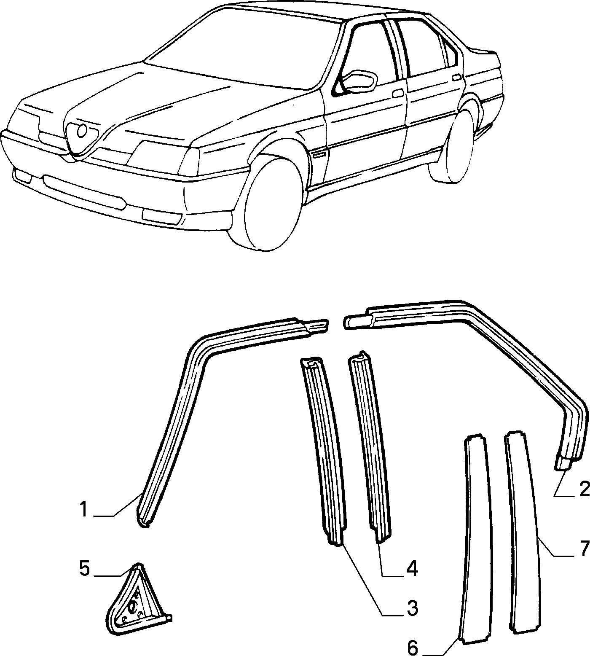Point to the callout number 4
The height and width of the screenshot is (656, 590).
click(411, 569)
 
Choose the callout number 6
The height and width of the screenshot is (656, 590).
click(413, 648)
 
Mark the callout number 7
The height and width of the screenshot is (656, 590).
click(584, 548)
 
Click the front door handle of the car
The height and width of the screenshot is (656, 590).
click(397, 93)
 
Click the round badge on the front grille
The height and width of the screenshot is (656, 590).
click(83, 131)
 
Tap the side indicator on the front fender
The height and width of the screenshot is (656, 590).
click(319, 154)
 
